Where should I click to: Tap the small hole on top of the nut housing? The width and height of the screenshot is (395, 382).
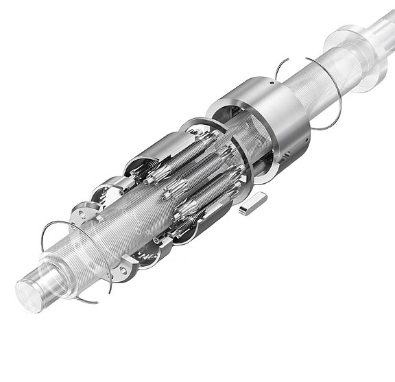coord(273,84)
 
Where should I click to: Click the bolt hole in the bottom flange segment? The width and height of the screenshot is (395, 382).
coord(124,272)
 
